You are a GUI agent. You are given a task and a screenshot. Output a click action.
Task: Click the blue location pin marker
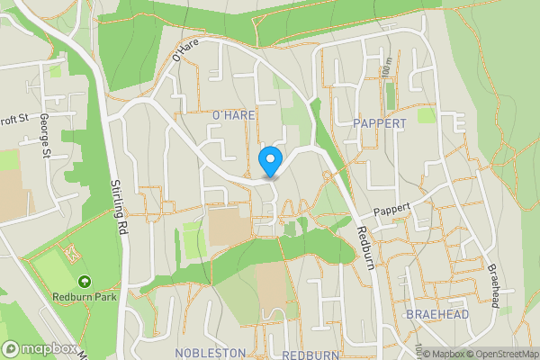coord(269,163)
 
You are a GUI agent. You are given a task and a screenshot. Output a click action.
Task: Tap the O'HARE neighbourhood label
coord(233,116)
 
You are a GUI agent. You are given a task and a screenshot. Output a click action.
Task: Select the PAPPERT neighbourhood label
coord(380,122)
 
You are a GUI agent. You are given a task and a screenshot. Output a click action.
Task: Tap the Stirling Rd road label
coord(118,207)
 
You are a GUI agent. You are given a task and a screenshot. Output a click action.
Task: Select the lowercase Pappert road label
coord(392,209)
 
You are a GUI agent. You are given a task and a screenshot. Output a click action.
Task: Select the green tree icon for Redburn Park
coord(83,283)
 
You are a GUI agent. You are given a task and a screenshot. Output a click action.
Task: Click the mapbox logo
coord(39,348)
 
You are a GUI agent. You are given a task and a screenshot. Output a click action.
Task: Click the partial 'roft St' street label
coord(15,118)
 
